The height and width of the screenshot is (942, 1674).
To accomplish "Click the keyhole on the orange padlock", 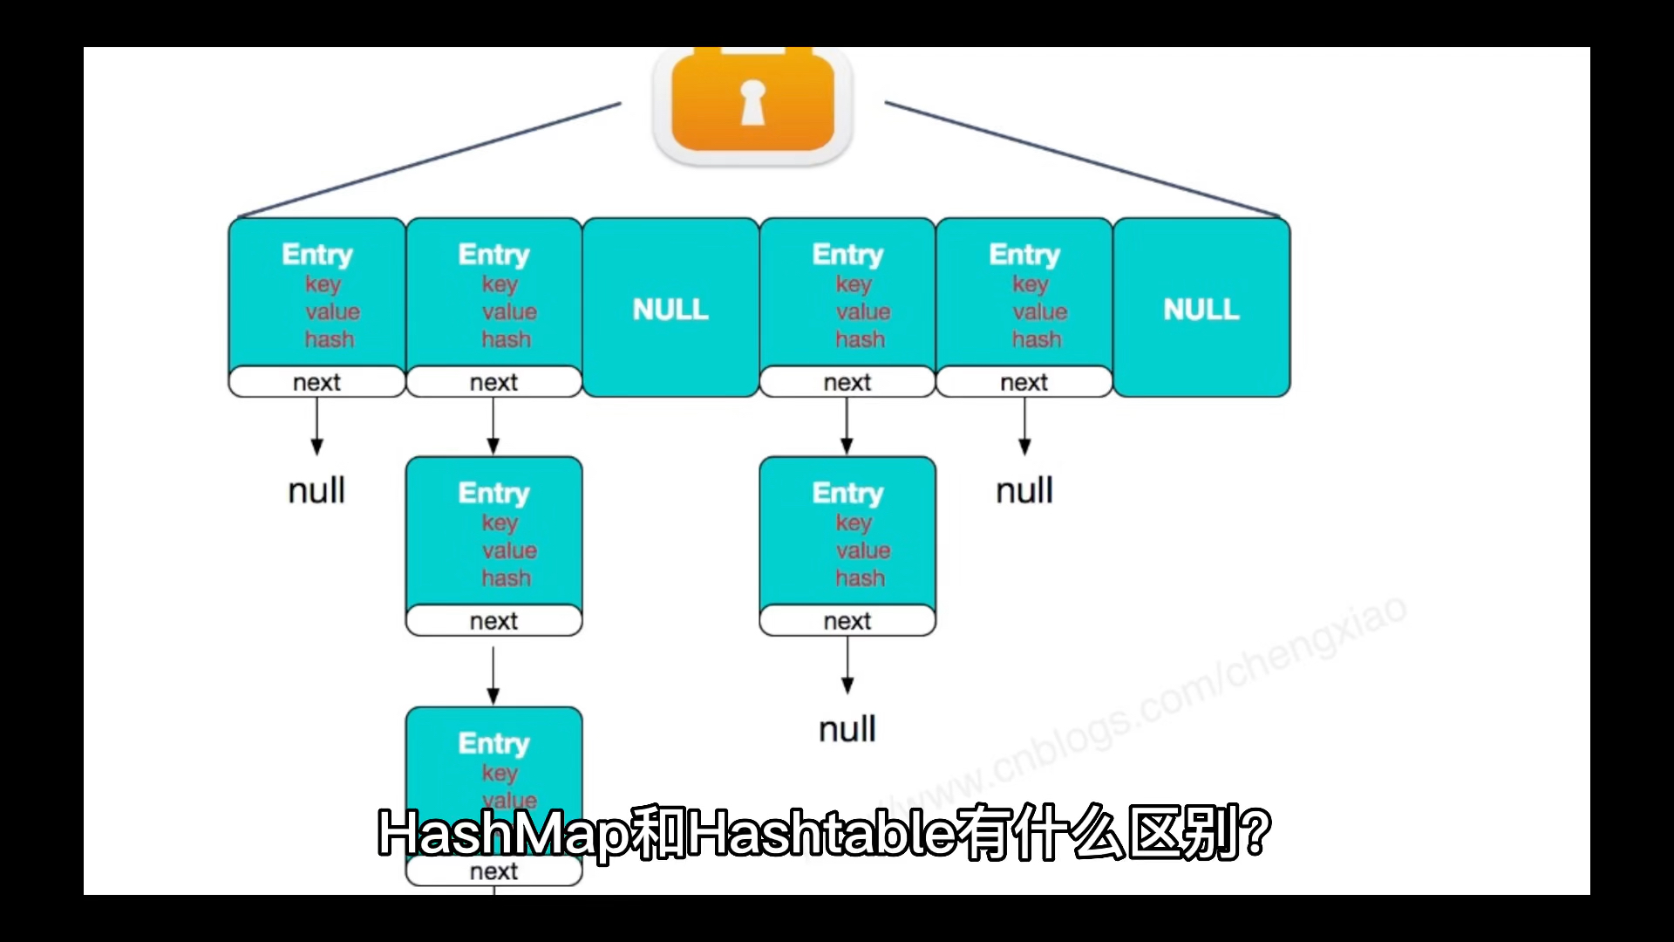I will click(x=752, y=102).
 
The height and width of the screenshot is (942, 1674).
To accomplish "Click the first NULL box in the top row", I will click(x=670, y=309).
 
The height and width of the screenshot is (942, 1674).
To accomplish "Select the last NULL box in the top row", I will click(x=1201, y=309).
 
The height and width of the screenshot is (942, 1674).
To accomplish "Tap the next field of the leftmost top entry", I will click(x=316, y=382).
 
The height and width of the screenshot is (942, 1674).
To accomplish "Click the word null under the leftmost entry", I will click(x=316, y=490).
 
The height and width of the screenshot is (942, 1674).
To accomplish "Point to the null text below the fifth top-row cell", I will click(x=1024, y=490).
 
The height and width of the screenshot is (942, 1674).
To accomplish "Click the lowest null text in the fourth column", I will click(x=847, y=729).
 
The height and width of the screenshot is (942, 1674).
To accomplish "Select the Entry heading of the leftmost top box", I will click(x=317, y=255).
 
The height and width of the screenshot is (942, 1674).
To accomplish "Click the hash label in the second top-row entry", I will click(x=506, y=339).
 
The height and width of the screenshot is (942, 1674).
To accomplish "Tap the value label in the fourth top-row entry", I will click(x=863, y=311).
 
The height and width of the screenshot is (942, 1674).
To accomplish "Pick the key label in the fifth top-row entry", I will click(x=1030, y=283).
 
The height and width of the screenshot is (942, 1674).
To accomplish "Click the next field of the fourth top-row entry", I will click(x=847, y=382).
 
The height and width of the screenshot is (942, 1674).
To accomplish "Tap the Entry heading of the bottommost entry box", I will click(x=493, y=743).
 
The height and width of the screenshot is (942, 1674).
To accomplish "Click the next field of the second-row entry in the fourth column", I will click(x=847, y=621).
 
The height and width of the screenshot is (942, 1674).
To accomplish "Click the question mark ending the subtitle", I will click(x=1256, y=833).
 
